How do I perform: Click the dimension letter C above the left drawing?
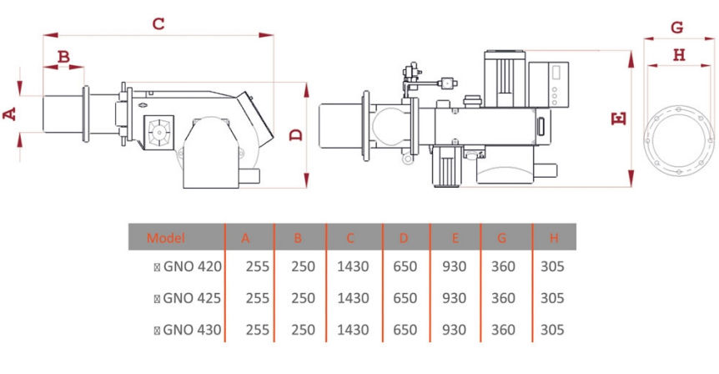coord(158,23)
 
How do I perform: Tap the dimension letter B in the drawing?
coord(63,57)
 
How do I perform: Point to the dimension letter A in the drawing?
coord(10,114)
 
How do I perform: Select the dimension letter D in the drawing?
coord(297,134)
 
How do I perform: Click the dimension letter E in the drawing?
coord(619,119)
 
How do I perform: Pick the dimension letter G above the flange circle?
coord(676,28)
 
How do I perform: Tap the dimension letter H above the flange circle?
coord(679,55)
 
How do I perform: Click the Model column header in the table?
coord(165,238)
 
